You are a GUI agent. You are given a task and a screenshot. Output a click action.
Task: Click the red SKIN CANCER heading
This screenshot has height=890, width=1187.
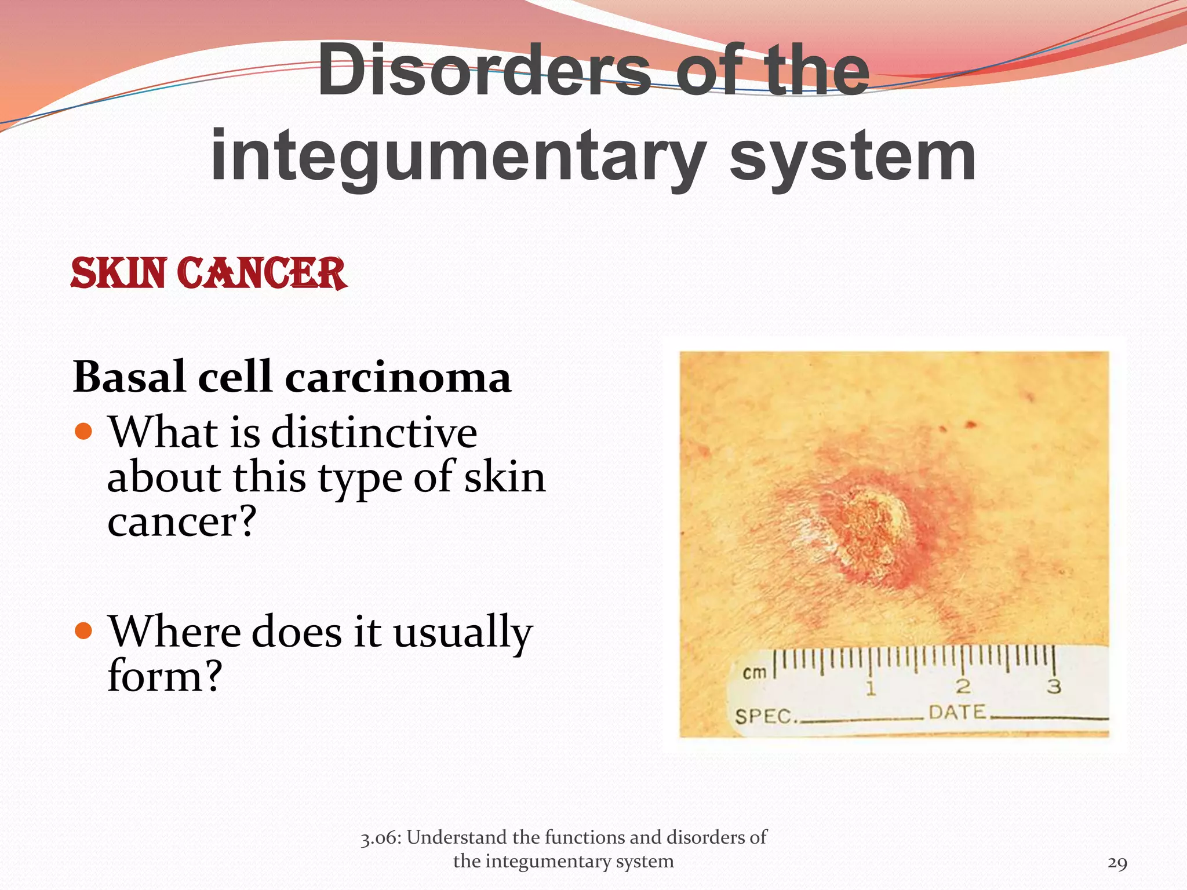[x=209, y=273]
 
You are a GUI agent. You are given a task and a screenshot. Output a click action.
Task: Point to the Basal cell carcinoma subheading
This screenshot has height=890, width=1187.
[x=292, y=377]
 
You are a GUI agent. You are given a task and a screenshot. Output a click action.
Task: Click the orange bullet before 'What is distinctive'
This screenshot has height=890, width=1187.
[x=84, y=431]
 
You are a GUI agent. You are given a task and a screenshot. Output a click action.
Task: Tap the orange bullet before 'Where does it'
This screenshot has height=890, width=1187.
[x=84, y=630]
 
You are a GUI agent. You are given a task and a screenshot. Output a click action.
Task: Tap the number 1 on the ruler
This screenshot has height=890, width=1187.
[x=871, y=688]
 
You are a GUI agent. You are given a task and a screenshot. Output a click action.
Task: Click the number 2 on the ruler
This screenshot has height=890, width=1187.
[x=963, y=687]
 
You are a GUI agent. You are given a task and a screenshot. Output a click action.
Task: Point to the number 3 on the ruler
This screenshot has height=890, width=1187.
[x=1054, y=687]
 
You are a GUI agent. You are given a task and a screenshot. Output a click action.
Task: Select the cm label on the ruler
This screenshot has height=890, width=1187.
[x=755, y=673]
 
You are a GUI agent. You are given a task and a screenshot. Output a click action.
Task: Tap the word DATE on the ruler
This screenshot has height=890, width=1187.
[x=957, y=712]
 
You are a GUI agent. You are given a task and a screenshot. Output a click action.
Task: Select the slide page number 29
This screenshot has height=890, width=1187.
[x=1117, y=863]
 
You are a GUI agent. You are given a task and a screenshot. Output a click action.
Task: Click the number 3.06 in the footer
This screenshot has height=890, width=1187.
[x=379, y=838]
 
